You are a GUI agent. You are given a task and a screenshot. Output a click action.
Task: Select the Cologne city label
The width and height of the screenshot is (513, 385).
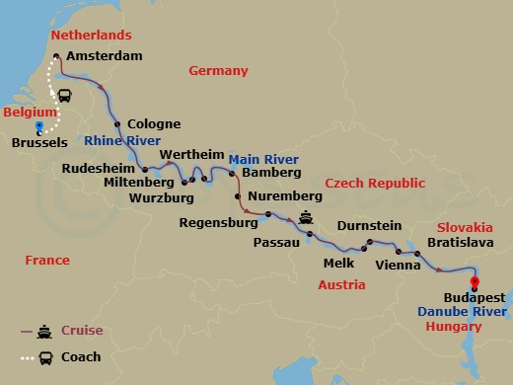(154, 124)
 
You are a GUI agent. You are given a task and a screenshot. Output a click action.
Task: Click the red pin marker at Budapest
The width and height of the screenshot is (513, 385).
(476, 281)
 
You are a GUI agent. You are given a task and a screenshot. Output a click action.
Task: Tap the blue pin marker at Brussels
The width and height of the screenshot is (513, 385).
(39, 128)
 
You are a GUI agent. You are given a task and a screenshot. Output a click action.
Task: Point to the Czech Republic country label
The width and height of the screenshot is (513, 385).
(376, 184)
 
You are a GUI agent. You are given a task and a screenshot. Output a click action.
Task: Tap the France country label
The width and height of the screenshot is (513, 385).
(47, 261)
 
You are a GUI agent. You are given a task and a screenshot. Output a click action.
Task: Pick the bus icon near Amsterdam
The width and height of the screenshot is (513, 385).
(65, 96)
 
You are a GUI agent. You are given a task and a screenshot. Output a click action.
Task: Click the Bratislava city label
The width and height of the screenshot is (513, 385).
(459, 240)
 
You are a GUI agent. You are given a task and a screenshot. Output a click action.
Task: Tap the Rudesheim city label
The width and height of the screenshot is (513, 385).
(97, 169)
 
